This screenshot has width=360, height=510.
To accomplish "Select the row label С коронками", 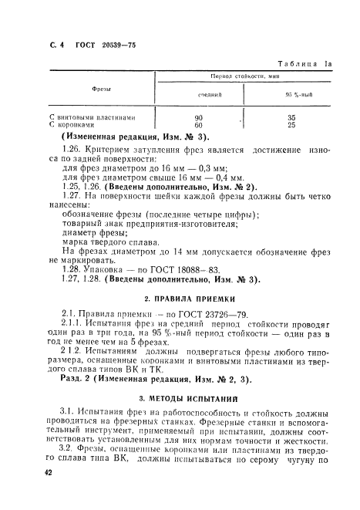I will click(x=71, y=124).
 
